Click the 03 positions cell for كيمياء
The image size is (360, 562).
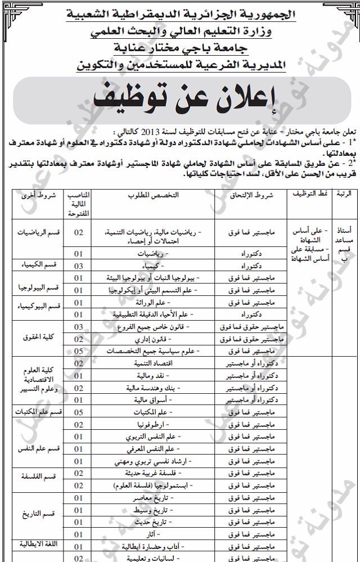pos(79,266)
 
